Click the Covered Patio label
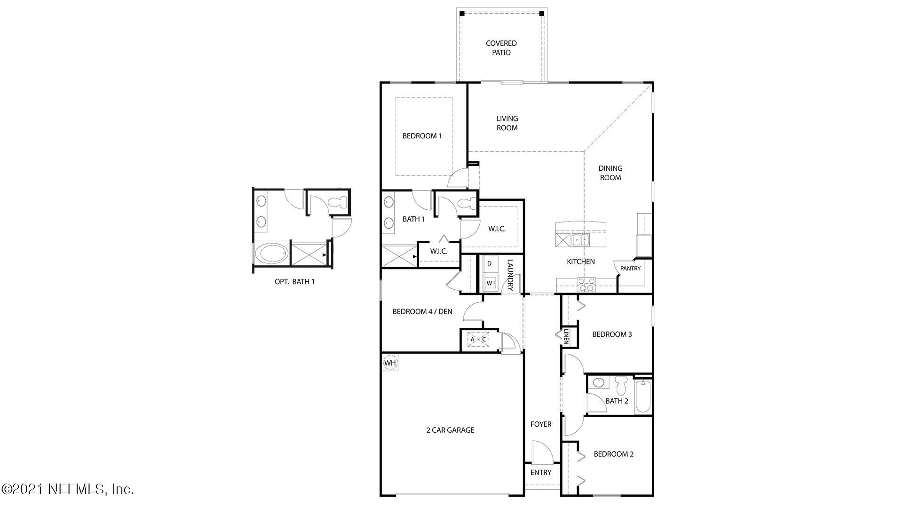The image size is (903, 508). point(501,48)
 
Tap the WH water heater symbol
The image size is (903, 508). point(390,363)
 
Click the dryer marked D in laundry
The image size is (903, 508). point(489,264)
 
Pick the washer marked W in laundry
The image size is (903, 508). point(490,283)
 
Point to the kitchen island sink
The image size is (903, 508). point(580,240)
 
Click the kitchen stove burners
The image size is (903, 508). point(586,285)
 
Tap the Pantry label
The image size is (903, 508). point(630,269)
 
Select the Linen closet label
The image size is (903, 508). point(566,336)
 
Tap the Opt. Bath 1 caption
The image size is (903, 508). point(294,282)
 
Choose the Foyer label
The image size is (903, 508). point(541,424)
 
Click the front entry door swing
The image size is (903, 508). point(541,452)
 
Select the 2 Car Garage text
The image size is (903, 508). point(450,430)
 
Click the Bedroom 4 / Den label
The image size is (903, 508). point(422,311)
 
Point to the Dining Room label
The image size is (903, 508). point(610,173)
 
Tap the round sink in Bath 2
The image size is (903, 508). point(598,382)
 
